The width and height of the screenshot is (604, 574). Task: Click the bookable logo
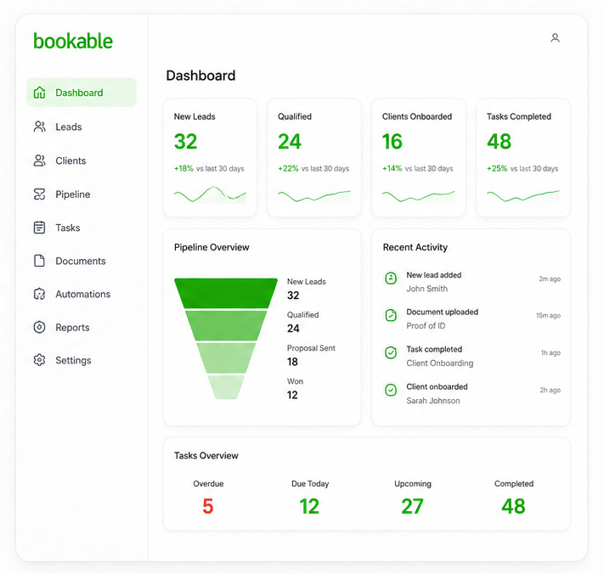(73, 41)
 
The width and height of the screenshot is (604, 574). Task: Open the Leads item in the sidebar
(68, 127)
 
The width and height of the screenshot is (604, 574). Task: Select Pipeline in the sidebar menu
(72, 194)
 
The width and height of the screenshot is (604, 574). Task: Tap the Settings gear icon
(39, 360)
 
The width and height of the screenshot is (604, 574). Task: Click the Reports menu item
(72, 328)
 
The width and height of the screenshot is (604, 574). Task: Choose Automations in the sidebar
(82, 295)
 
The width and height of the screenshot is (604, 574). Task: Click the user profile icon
(555, 38)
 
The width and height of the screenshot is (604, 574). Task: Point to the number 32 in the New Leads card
(185, 142)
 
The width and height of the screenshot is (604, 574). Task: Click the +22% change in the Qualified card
(288, 169)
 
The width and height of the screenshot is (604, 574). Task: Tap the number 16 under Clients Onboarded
(392, 142)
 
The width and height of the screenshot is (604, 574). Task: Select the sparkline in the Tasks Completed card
(522, 195)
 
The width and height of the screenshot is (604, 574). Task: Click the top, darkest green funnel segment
(226, 292)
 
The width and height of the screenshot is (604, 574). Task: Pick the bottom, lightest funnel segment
(226, 386)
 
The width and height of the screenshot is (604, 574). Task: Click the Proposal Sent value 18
(292, 362)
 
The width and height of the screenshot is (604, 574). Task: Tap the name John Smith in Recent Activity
(426, 289)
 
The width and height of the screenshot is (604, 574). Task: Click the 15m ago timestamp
(548, 316)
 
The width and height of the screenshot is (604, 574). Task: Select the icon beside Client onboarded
(391, 390)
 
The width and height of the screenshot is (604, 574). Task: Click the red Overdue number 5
(208, 507)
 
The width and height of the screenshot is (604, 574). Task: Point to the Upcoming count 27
(413, 507)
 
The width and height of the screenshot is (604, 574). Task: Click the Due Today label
(310, 484)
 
